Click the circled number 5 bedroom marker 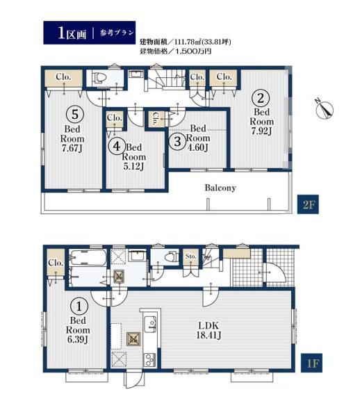pos(75,115)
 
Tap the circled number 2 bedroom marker pos(261,98)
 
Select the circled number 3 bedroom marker pos(178,141)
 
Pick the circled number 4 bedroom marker pos(117,146)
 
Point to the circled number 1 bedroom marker pos(79,306)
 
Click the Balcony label pos(220,188)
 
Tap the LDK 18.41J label pos(208,330)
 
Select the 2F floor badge pos(308,204)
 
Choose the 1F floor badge pos(311,363)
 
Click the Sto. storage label pos(190,256)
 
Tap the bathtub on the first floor pos(88,257)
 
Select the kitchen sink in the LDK pos(150,323)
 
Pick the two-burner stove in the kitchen pos(150,359)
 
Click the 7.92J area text pos(261,131)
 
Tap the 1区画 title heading pos(72,33)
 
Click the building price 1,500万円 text pos(175,51)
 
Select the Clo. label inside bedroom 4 pos(115,117)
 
